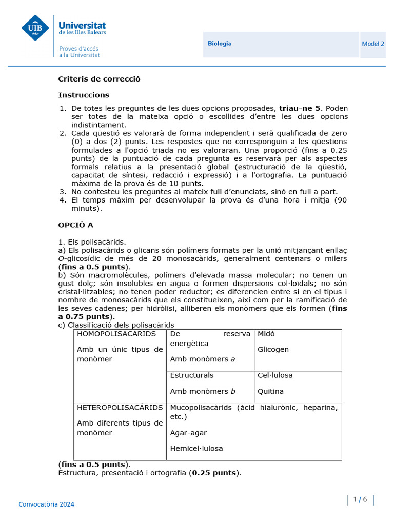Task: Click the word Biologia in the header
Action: [219, 44]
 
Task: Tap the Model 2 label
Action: [373, 44]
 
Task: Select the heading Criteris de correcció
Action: [99, 79]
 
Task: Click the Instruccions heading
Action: [84, 95]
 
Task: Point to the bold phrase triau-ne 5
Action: [300, 108]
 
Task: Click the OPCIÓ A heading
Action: [75, 225]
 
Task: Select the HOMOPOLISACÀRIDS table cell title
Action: [116, 334]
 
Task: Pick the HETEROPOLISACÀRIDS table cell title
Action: [120, 408]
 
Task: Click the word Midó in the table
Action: [266, 334]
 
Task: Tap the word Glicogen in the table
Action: [273, 349]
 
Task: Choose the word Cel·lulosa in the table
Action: [275, 375]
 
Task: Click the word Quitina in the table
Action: [270, 391]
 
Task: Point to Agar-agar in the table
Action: [188, 433]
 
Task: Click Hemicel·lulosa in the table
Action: [196, 448]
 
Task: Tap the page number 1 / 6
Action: [361, 500]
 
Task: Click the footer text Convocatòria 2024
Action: [46, 504]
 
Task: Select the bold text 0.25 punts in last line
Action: [214, 473]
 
